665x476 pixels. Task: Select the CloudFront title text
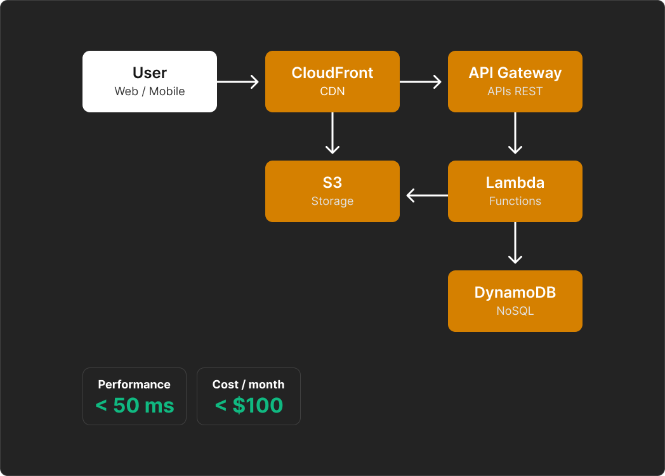[x=332, y=73]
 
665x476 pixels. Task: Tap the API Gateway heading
[x=515, y=73]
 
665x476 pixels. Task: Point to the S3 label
[x=332, y=183]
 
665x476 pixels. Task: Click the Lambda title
[x=515, y=183]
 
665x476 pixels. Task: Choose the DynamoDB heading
[x=515, y=293]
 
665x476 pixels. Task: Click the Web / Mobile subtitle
[x=150, y=91]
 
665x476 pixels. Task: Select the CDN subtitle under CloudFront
[x=332, y=91]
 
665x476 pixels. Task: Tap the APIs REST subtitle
[x=515, y=91]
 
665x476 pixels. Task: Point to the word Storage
[x=332, y=201]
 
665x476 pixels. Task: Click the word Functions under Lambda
[x=515, y=201]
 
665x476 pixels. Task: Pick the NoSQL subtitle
[x=515, y=311]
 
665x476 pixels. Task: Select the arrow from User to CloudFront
[x=239, y=82]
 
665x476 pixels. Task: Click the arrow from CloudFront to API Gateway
[x=421, y=82]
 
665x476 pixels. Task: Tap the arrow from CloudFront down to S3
[x=332, y=134]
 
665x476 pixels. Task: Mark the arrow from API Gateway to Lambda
[x=515, y=134]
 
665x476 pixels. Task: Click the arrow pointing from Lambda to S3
[x=426, y=195]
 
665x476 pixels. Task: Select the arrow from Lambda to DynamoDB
[x=515, y=244]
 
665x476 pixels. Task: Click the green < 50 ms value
[x=135, y=406]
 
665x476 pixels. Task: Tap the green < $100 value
[x=249, y=406]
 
